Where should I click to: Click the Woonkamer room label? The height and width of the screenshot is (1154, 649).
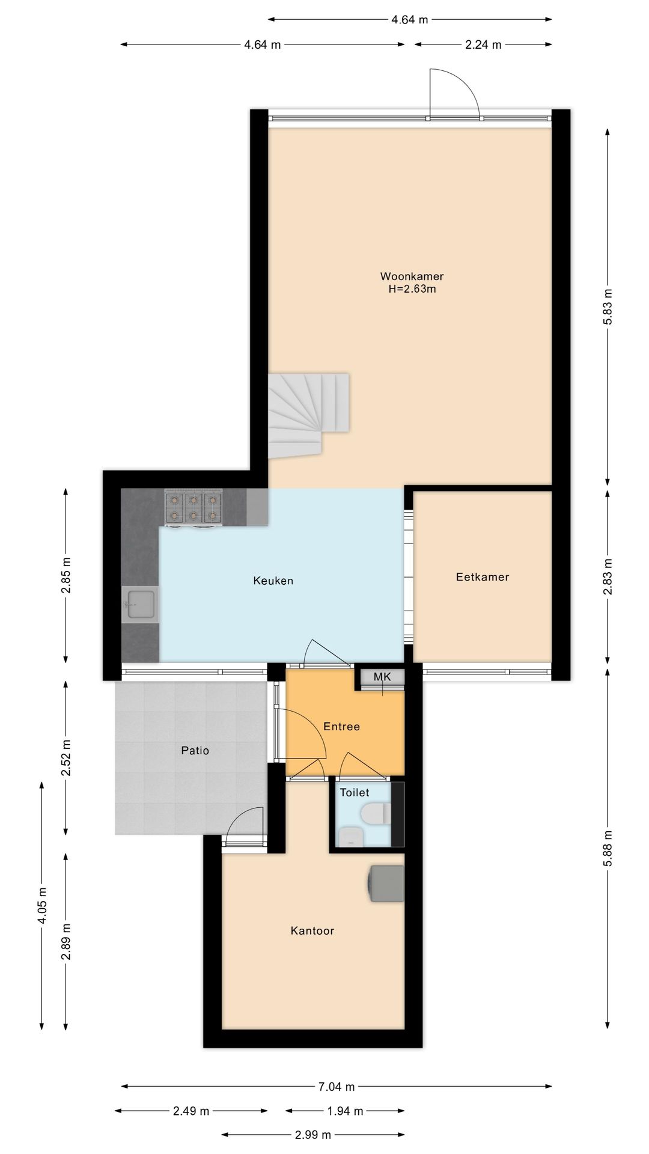pos(412,276)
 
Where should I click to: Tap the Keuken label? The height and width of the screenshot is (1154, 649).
pos(273,581)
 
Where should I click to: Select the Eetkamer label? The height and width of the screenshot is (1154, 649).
pos(483,577)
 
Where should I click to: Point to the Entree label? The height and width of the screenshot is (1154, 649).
pos(341,726)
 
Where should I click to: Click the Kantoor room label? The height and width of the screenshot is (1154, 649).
pos(312,930)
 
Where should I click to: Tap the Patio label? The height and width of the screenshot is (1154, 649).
pos(195,750)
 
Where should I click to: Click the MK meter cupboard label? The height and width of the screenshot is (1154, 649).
pos(382,677)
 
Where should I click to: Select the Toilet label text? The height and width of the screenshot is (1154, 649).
pos(355,792)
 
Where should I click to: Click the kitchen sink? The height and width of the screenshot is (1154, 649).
pos(140,604)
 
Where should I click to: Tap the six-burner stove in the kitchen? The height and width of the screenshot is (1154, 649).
pos(193,508)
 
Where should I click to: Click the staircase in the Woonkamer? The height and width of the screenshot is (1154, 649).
pos(308,415)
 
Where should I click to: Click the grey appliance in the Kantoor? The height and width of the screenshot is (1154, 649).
pos(386,883)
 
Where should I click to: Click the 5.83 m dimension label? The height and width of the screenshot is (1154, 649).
pos(608,307)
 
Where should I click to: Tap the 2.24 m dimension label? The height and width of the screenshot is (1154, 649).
pos(483,44)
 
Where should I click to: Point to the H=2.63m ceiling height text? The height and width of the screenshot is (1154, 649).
pos(412,289)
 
